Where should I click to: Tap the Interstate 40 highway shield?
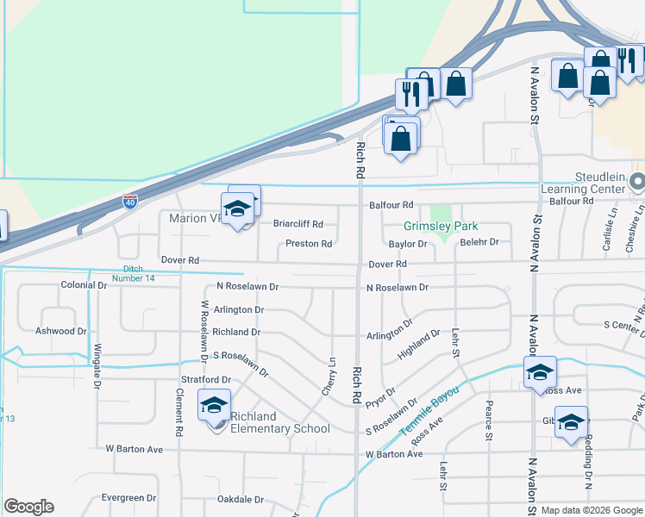pyautogui.click(x=129, y=202)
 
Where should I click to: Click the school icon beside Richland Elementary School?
pyautogui.click(x=214, y=405)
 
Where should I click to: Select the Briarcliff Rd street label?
pyautogui.click(x=297, y=223)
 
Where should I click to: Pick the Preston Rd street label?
pyautogui.click(x=309, y=244)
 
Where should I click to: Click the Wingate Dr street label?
pyautogui.click(x=97, y=366)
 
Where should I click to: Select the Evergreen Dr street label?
pyautogui.click(x=128, y=498)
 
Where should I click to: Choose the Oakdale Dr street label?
pyautogui.click(x=240, y=499)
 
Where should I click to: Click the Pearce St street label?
pyautogui.click(x=489, y=420)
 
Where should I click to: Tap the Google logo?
pyautogui.click(x=28, y=507)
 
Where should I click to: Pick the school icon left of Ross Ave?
pyautogui.click(x=540, y=372)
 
